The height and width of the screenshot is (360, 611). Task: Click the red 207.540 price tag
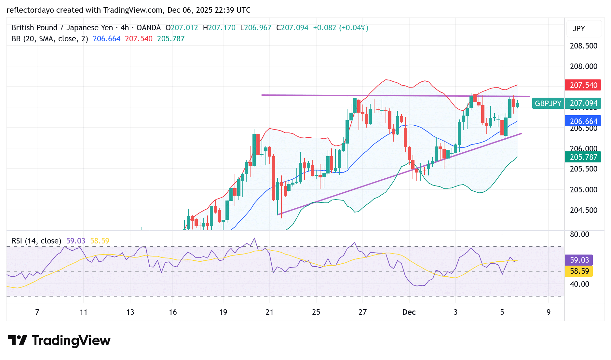(x=583, y=85)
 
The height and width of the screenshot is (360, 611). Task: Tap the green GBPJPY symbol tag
(x=548, y=104)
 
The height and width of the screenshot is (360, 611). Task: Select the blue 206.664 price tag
(x=583, y=121)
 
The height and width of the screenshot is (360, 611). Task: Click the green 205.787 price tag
(x=583, y=157)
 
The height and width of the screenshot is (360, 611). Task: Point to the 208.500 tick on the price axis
(x=583, y=46)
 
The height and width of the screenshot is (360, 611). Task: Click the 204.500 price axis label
(x=583, y=210)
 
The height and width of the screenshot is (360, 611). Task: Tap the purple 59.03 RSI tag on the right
(x=579, y=260)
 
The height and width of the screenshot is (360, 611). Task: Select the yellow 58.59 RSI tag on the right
(x=579, y=271)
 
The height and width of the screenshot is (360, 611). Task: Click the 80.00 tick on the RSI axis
(x=579, y=234)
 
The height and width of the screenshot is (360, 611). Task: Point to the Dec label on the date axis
(x=409, y=312)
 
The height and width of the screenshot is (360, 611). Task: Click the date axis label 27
(x=362, y=312)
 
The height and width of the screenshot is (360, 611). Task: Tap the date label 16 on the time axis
(x=173, y=312)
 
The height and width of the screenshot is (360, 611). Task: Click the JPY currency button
(x=579, y=29)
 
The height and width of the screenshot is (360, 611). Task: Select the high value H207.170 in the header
(x=219, y=28)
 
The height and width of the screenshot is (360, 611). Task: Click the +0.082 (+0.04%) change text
(x=340, y=28)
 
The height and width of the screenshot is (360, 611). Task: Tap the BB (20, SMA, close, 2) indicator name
(x=50, y=39)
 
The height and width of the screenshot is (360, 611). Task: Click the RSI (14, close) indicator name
(x=36, y=241)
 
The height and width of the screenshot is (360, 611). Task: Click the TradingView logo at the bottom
(x=59, y=341)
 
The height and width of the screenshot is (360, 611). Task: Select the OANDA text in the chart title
(x=149, y=28)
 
